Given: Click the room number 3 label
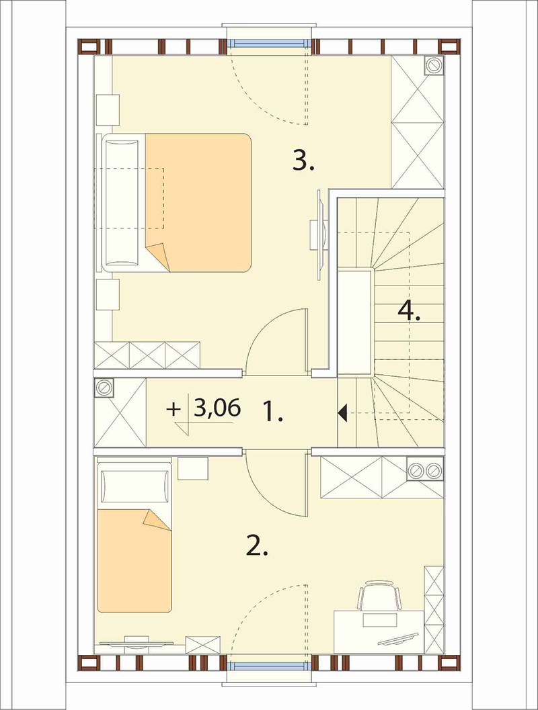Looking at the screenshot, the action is click(303, 161).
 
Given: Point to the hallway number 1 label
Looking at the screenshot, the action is click(273, 412).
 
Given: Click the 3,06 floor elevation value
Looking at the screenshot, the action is click(217, 408).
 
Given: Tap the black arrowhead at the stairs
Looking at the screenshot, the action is click(342, 412).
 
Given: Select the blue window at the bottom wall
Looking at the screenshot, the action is click(269, 666).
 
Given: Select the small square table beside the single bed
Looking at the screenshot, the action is click(192, 468).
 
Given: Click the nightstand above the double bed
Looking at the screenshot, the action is click(108, 109).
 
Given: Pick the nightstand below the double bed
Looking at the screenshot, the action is click(108, 295).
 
